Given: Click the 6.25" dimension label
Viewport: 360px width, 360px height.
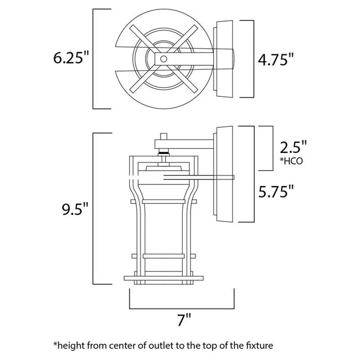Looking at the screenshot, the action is point(71,58).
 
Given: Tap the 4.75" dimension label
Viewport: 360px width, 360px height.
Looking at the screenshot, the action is point(275,60).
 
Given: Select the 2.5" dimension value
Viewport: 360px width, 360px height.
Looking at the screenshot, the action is point(293,147).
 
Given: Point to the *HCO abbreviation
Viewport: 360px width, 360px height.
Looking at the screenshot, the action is point(291,161).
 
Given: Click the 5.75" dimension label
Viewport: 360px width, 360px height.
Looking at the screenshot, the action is point(276,191).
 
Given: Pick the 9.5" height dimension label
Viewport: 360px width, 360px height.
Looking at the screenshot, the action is point(75,209).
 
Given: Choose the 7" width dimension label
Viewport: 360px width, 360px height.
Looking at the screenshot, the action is point(184,320).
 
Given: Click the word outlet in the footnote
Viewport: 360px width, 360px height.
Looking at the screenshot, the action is point(161,345).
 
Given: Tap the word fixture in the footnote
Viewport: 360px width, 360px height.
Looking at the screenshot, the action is point(258,345).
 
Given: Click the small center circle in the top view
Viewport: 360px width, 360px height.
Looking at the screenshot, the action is point(163,59).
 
